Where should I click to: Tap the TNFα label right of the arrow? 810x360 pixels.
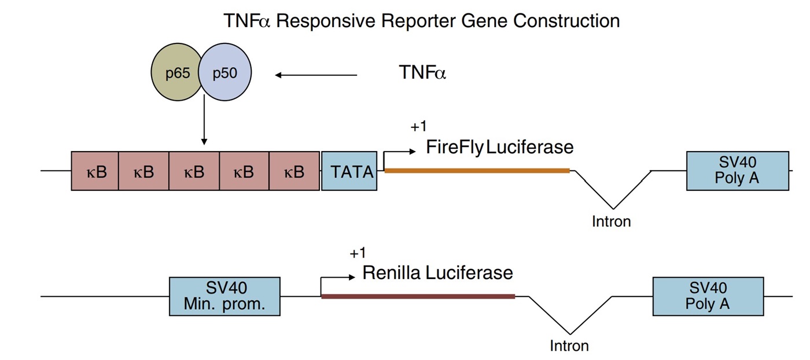[x=422, y=73]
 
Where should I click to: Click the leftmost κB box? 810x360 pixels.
[x=95, y=171]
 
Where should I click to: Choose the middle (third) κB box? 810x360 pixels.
[x=194, y=171]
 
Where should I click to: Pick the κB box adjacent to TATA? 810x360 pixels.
[x=294, y=171]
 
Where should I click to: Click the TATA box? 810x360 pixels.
[x=349, y=171]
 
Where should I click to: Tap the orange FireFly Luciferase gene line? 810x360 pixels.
[x=477, y=170]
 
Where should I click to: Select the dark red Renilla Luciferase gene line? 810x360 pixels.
[x=418, y=296]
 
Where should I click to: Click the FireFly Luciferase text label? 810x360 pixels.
[x=499, y=147]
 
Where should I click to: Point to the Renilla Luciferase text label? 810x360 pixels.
[x=437, y=273]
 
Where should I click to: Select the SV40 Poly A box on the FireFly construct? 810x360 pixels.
[x=737, y=171]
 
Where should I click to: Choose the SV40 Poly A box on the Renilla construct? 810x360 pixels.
[x=708, y=296]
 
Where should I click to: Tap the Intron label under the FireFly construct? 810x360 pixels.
[x=611, y=221]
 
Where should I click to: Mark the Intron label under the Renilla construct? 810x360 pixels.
[x=569, y=346]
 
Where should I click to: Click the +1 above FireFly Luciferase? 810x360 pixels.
[x=418, y=127]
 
